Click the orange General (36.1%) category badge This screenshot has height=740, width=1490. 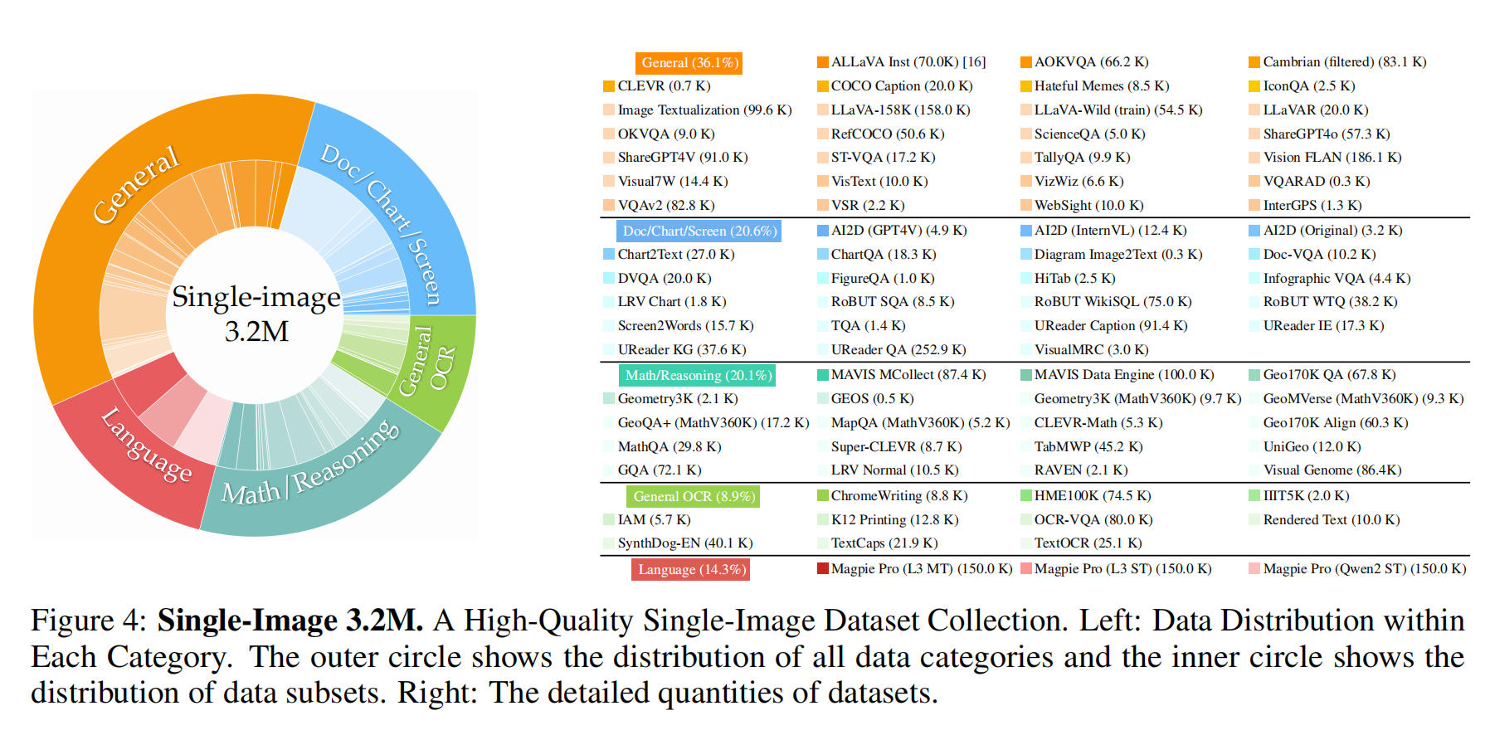689,63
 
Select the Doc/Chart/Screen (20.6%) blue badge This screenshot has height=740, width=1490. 699,231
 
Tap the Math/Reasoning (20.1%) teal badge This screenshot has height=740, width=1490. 698,376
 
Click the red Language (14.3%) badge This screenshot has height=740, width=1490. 691,570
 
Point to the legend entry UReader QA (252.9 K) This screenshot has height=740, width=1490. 898,350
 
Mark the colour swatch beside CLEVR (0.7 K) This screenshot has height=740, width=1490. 609,86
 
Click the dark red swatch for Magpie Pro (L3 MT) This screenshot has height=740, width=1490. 823,569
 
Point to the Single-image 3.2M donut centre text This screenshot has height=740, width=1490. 256,314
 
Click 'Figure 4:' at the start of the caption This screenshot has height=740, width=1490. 84,621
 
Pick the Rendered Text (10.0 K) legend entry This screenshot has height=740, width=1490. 1331,520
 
